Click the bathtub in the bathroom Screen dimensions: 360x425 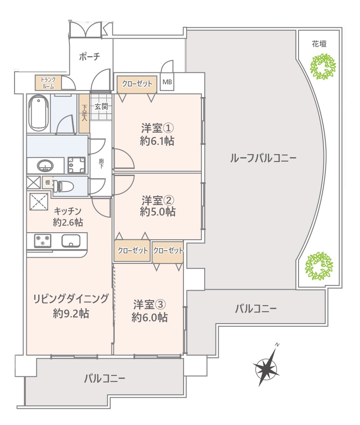pyautogui.click(x=40, y=112)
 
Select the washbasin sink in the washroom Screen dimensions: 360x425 pyautogui.click(x=45, y=166)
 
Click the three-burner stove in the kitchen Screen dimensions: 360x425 pyautogui.click(x=43, y=241)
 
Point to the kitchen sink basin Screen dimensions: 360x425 pyautogui.click(x=71, y=241)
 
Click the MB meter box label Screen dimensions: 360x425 pyautogui.click(x=167, y=82)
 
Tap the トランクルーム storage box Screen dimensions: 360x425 pyautogui.click(x=48, y=83)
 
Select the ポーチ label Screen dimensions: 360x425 pyautogui.click(x=90, y=57)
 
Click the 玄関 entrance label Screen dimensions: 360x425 pyautogui.click(x=101, y=107)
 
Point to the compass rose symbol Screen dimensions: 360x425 pyautogui.click(x=266, y=365)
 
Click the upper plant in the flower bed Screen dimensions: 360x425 pyautogui.click(x=323, y=66)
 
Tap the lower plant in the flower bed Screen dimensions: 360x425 pyautogui.click(x=319, y=266)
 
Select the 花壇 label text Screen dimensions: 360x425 pyautogui.click(x=319, y=43)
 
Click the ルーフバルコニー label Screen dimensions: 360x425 pyautogui.click(x=263, y=158)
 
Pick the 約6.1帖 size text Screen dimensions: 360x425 pyautogui.click(x=157, y=141)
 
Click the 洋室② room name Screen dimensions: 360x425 pyautogui.click(x=158, y=201)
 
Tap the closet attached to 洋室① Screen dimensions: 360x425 pyautogui.click(x=137, y=84)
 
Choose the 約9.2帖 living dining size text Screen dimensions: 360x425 pyautogui.click(x=71, y=313)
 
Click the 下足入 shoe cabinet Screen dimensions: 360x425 pyautogui.click(x=84, y=113)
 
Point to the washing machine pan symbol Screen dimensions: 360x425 pyautogui.click(x=76, y=165)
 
